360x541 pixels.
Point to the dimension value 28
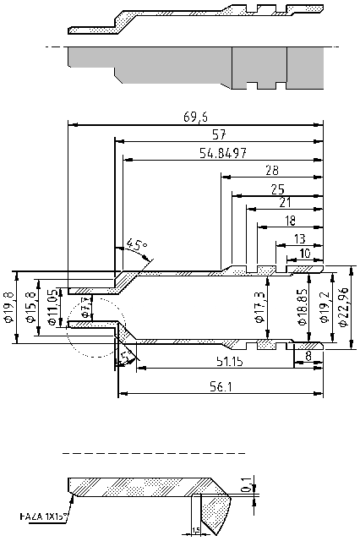point(272,170)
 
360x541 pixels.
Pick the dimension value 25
point(277,189)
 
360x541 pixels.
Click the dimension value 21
point(284,203)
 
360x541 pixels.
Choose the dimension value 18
point(290,220)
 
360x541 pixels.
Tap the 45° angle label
point(135,246)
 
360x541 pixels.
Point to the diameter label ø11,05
point(53,309)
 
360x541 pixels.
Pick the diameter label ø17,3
point(259,308)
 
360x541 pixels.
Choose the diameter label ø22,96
point(343,305)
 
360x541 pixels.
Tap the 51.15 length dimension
point(224,361)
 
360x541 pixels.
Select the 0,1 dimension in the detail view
point(246,484)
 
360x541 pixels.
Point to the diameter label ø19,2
point(323,308)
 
